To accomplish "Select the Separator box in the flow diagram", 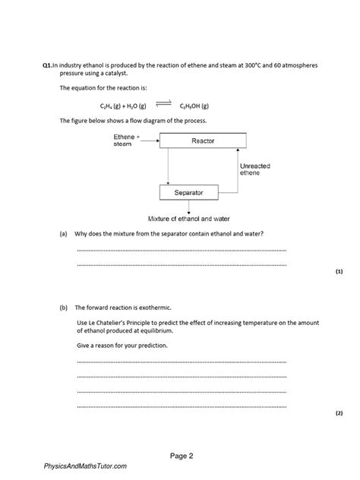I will click(188, 193).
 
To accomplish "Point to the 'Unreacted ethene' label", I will click(254, 169).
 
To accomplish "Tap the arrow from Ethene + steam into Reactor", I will click(150, 140).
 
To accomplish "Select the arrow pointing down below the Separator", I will click(188, 206).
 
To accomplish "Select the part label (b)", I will click(64, 308).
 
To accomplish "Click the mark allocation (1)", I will click(339, 271).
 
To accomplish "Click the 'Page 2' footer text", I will click(182, 456).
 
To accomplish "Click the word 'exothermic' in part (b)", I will click(156, 308).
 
